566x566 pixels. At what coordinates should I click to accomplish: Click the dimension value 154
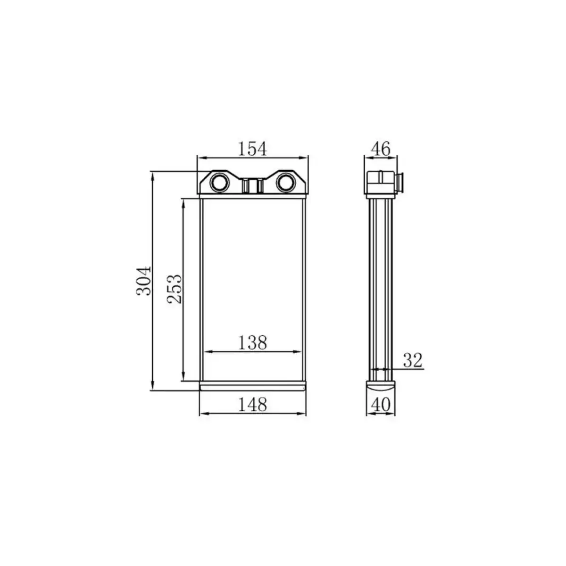[x=252, y=149]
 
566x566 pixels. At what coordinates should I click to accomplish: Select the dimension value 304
[x=144, y=281]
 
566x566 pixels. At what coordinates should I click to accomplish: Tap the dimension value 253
[x=174, y=288]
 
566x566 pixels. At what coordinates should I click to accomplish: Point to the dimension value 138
[x=252, y=342]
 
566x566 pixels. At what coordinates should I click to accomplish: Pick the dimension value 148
[x=252, y=404]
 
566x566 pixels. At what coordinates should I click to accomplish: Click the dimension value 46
[x=380, y=149]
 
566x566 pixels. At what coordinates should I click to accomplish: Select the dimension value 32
[x=412, y=360]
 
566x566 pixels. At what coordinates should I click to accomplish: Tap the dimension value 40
[x=380, y=404]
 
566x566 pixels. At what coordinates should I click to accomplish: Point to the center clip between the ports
[x=252, y=186]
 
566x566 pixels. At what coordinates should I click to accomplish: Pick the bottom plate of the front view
[x=253, y=386]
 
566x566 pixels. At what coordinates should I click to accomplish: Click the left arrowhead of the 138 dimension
[x=207, y=352]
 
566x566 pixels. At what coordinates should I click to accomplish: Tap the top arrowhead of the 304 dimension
[x=152, y=175]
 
